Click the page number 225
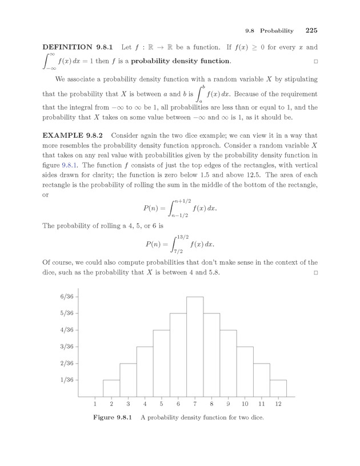[x=311, y=30]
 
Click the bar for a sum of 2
[x=111, y=388]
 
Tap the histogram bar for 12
[x=278, y=388]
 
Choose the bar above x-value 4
[x=145, y=371]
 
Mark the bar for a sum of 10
[x=245, y=371]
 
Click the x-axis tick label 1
[x=95, y=404]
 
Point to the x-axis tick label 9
[x=228, y=404]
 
